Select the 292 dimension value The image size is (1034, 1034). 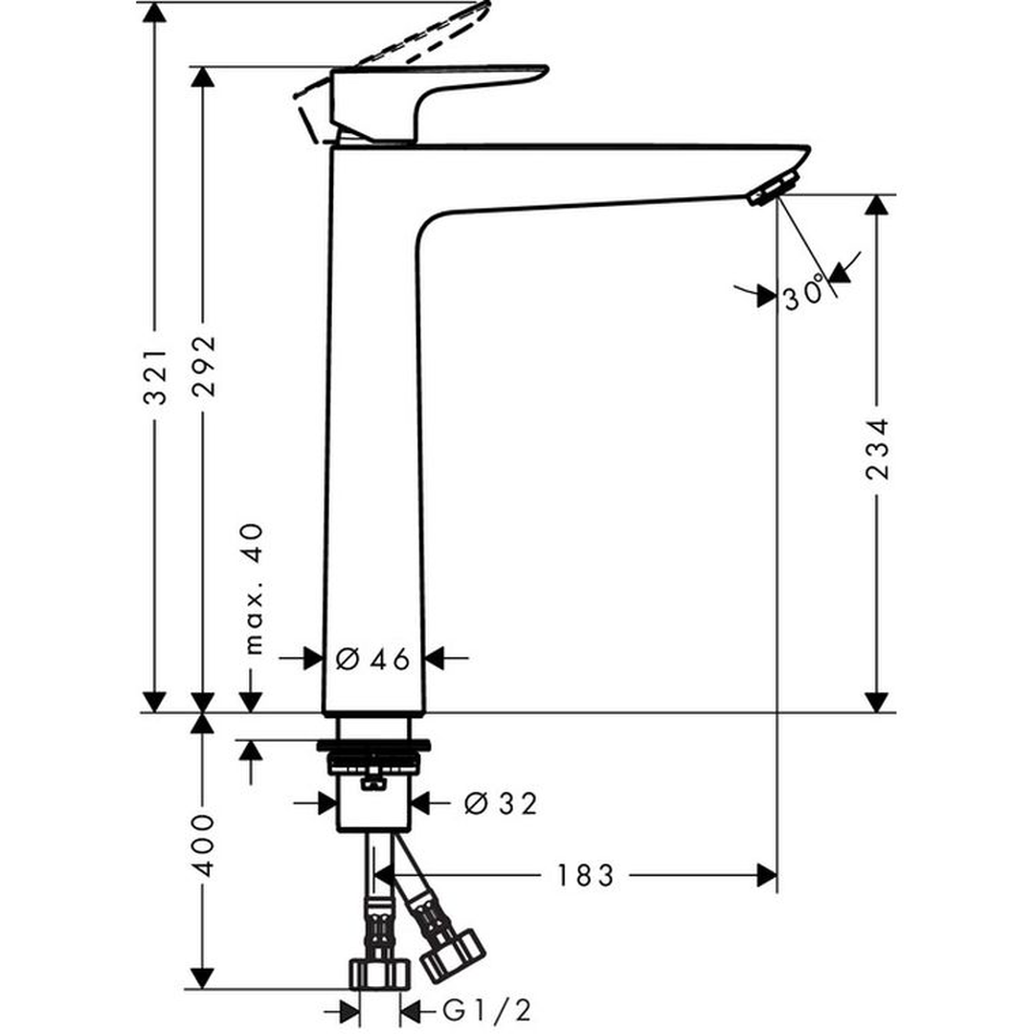point(203,370)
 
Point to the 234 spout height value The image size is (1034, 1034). point(877,448)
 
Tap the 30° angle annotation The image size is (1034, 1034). point(804,292)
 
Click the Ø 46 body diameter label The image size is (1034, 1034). point(373,659)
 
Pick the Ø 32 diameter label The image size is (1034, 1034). point(501,804)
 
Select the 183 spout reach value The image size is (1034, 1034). point(585,875)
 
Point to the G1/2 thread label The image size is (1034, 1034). point(486,1010)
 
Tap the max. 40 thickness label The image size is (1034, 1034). point(253,590)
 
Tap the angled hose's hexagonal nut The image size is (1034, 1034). point(453,955)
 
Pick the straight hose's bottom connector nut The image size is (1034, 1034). point(379,974)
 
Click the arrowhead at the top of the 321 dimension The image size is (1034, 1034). point(155,13)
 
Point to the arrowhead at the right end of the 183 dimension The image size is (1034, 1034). point(766,875)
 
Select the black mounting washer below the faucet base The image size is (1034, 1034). point(374,745)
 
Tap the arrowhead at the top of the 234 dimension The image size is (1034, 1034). point(876,205)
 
